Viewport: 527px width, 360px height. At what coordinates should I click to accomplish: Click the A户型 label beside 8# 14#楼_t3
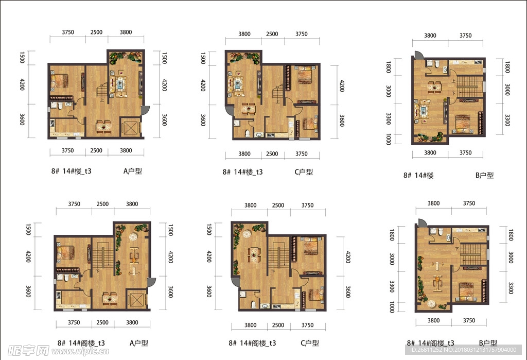(x=133, y=171)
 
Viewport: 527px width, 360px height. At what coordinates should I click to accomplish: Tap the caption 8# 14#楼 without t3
(x=418, y=175)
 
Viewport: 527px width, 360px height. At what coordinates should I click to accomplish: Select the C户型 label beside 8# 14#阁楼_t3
(x=310, y=343)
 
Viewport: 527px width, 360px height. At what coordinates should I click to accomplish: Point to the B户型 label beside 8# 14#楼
(x=485, y=175)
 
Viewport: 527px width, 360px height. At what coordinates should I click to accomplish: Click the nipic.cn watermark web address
(x=80, y=351)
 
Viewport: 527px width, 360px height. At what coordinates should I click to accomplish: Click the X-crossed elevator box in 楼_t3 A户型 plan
(x=130, y=127)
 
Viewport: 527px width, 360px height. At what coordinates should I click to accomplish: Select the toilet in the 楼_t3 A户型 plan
(x=61, y=106)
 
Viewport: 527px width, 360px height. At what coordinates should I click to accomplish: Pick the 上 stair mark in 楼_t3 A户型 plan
(x=101, y=99)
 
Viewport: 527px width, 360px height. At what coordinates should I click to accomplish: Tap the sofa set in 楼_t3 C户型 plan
(x=236, y=84)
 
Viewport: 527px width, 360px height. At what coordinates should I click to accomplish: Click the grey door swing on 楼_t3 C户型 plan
(x=229, y=111)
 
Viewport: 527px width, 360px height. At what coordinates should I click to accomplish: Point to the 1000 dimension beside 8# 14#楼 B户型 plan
(x=389, y=139)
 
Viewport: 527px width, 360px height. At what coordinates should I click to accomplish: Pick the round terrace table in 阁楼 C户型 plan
(x=247, y=234)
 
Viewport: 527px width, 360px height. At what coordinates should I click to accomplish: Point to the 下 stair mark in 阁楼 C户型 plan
(x=273, y=271)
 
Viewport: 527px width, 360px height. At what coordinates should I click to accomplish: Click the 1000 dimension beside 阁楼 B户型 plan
(x=392, y=307)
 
